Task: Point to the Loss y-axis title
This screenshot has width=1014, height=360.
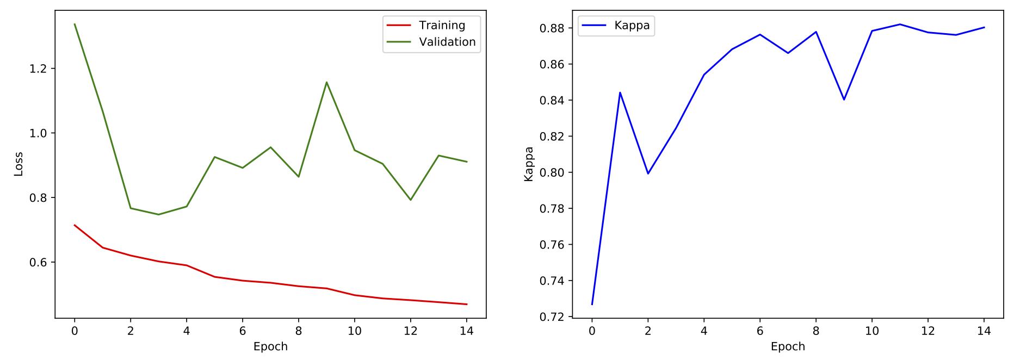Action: (18, 164)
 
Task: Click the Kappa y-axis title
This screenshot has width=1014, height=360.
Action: (529, 164)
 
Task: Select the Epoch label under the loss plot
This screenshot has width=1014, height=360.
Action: (270, 347)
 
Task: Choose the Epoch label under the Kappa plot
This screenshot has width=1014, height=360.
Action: (788, 347)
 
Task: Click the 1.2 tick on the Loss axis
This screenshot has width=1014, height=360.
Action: (38, 69)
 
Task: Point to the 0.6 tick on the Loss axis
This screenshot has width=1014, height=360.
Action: (38, 262)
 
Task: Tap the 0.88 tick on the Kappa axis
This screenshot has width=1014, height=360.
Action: (552, 28)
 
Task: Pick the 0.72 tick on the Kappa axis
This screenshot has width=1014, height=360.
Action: (552, 317)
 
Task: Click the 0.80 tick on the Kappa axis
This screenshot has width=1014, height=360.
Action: (552, 172)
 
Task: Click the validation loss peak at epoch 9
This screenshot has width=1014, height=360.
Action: (326, 82)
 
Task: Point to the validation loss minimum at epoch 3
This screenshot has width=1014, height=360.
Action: (158, 214)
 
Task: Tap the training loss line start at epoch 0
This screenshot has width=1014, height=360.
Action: (75, 225)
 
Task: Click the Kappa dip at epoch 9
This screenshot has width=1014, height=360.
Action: (844, 100)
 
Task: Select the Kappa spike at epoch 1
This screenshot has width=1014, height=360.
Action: (620, 92)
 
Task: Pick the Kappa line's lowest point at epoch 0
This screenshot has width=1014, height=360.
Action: (592, 304)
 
